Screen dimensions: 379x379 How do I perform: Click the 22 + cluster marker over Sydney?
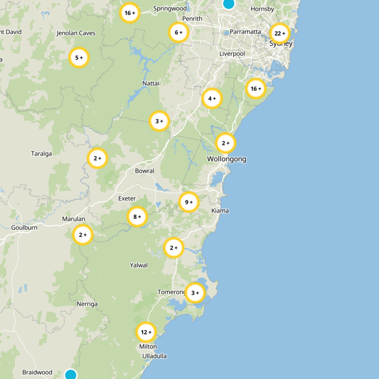point(280,33)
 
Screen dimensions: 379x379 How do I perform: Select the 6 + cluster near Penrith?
point(179,32)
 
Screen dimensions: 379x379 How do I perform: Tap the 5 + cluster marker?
point(79,58)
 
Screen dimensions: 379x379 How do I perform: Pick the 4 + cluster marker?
point(212,99)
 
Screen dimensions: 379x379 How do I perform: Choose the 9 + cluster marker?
point(189,202)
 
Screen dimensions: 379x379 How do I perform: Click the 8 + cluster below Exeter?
point(137,217)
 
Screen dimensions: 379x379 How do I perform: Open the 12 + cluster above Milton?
point(146,332)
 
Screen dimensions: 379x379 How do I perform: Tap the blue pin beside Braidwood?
point(71,375)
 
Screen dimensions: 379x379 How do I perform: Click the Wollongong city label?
point(226,159)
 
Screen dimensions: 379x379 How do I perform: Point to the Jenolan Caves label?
point(76,33)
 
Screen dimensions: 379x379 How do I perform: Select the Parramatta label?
point(245,32)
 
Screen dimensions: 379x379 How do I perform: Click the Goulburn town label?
point(24,227)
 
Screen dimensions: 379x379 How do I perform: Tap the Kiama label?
point(220,210)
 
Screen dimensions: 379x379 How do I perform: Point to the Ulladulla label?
point(154,356)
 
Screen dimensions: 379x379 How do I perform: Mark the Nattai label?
point(151,83)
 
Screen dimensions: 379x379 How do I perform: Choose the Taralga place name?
point(41,153)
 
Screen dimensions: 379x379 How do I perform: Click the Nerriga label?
point(87,304)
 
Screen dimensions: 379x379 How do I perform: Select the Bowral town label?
point(144,171)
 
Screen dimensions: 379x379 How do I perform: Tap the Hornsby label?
point(262,9)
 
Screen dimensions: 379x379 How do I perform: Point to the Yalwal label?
point(139,265)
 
